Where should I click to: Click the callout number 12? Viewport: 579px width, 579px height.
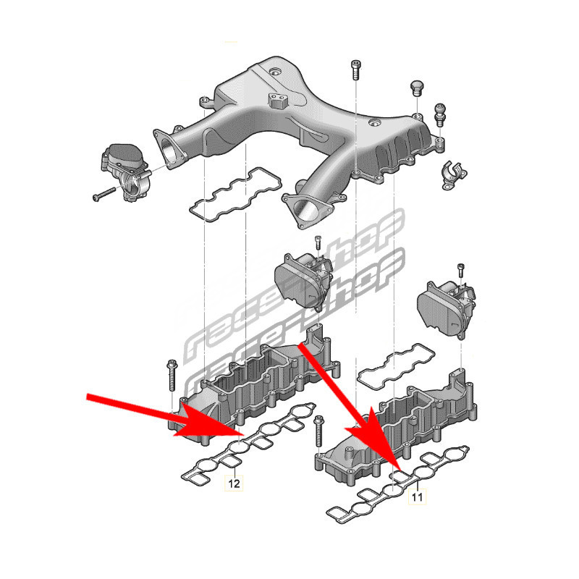[x=234, y=483]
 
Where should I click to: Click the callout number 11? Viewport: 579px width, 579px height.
[x=417, y=496]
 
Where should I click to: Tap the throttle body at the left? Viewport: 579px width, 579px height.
[x=124, y=172]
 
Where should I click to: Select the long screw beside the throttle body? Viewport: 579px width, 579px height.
[x=104, y=194]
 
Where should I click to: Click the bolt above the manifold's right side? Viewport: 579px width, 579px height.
[x=355, y=69]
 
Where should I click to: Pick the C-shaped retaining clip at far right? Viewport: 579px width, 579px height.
[x=454, y=175]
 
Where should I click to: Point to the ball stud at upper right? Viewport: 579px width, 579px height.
[x=440, y=114]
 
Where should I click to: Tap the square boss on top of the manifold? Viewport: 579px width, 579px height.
[x=277, y=101]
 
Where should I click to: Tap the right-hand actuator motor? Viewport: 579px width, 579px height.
[x=445, y=308]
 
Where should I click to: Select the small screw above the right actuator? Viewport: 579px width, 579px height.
[x=460, y=270]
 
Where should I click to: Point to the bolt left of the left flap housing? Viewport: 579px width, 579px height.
[x=172, y=376]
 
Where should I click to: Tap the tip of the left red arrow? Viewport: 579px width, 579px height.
[x=242, y=434]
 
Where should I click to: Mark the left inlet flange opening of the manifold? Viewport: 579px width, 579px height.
[x=171, y=150]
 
